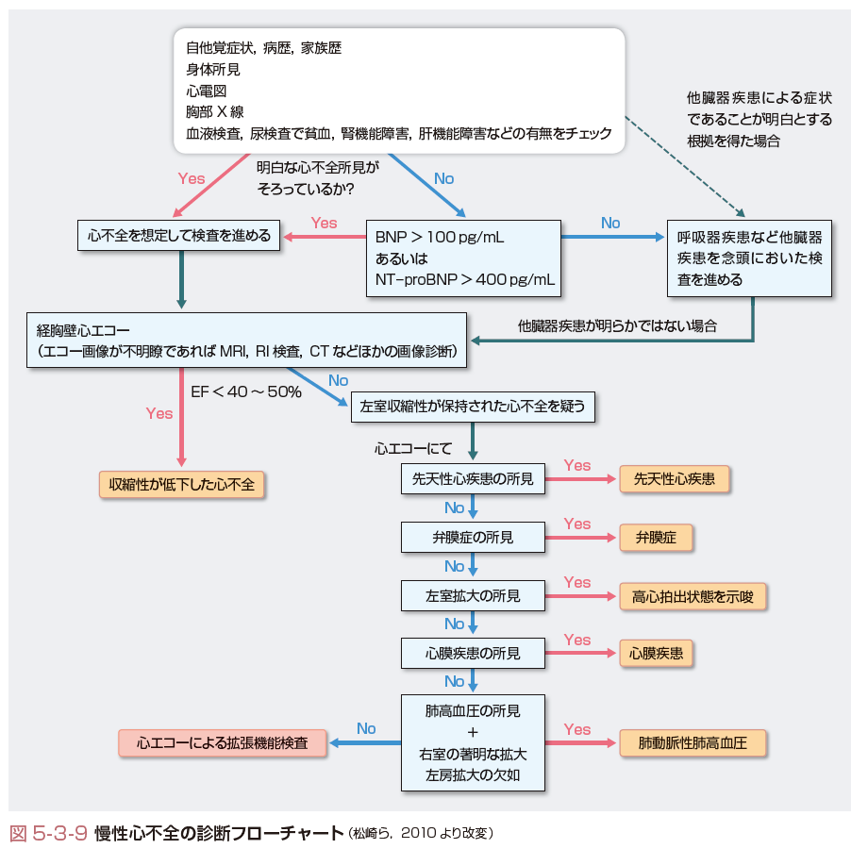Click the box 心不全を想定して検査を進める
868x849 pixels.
point(179,236)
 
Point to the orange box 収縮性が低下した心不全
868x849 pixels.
point(181,484)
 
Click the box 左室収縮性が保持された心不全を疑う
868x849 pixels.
point(473,407)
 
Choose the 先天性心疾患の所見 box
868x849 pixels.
point(473,479)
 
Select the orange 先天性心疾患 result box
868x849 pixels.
point(674,479)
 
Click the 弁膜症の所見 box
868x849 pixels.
point(473,538)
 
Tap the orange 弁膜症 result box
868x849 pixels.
point(656,538)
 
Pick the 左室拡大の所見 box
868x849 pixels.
point(473,596)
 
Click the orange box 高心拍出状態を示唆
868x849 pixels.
point(693,596)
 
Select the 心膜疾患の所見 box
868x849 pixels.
point(473,653)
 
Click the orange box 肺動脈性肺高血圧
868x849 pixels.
point(693,743)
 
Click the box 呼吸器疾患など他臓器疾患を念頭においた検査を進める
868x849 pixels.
point(749,258)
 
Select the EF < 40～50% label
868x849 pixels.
point(246,391)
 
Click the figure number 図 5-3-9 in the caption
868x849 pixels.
point(49,833)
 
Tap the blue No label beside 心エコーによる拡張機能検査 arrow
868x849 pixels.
point(366,728)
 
